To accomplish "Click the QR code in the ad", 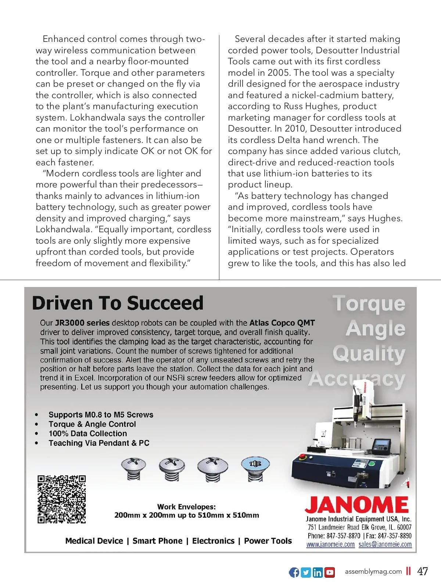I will [x=61, y=499].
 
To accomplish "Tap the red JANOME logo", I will [x=356, y=505].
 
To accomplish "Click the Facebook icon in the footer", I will [x=294, y=572].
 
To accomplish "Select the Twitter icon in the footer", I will [x=306, y=572].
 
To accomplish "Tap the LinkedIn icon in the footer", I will [x=318, y=572].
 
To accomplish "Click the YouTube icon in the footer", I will [x=330, y=572].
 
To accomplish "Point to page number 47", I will [x=423, y=571].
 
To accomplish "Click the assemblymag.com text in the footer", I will [x=373, y=571].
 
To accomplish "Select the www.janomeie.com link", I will [x=330, y=544].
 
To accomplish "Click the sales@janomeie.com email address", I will [x=385, y=544].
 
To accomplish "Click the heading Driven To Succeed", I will [x=118, y=303].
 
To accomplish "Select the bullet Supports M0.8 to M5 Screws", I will [x=101, y=415].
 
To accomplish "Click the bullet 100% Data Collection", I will [x=87, y=434].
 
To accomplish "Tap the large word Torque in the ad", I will [x=369, y=304].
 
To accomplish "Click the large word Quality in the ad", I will [x=369, y=354].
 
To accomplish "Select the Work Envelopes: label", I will [x=186, y=507].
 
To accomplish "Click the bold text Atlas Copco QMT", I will [x=282, y=323].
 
